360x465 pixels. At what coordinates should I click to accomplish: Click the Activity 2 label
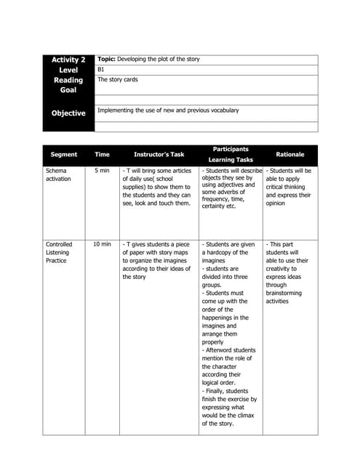(68, 60)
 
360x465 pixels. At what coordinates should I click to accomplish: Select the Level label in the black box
(68, 70)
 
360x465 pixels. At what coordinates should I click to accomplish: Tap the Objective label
(68, 113)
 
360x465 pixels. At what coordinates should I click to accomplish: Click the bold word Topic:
(106, 59)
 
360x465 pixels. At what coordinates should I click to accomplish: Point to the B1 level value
(101, 69)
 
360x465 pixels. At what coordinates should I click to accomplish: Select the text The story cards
(117, 79)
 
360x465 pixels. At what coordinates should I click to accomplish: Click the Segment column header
(64, 154)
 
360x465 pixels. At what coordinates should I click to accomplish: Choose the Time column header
(102, 154)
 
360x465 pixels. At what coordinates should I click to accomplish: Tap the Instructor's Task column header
(159, 154)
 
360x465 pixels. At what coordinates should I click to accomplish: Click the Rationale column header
(290, 154)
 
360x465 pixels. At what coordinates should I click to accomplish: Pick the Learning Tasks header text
(231, 160)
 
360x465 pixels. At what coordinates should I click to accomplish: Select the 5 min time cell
(102, 171)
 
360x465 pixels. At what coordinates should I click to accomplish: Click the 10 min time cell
(102, 245)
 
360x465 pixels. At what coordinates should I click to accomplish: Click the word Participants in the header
(231, 148)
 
